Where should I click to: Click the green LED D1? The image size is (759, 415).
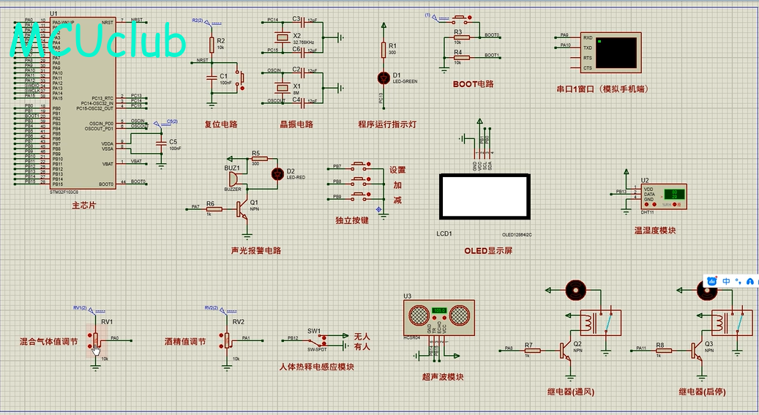382,77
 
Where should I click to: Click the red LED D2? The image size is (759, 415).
277,173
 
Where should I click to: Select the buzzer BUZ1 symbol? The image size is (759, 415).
231,179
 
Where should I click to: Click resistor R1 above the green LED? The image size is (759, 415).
382,49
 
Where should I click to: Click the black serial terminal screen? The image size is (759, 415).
616,53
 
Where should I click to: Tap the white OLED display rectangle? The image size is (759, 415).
484,196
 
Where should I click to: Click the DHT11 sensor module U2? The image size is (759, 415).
663,195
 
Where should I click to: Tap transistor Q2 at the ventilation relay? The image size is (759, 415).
567,351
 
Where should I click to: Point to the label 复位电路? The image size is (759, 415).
220,124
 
